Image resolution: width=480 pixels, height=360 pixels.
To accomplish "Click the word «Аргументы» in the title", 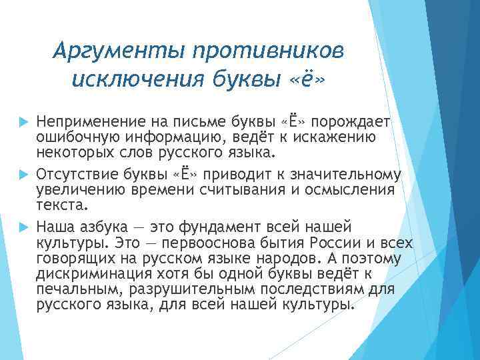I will click(115, 51).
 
